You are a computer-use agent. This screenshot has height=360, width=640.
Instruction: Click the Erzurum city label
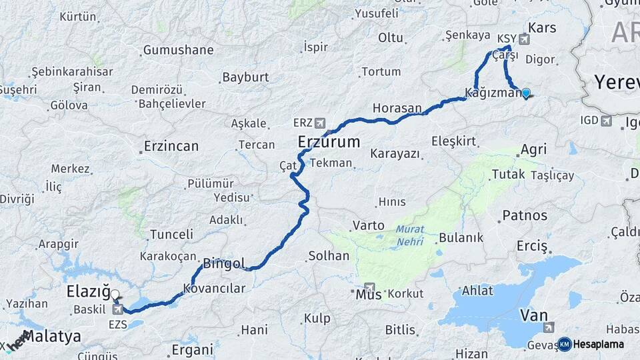click(x=329, y=142)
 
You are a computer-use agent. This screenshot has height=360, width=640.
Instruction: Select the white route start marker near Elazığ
click(x=115, y=294)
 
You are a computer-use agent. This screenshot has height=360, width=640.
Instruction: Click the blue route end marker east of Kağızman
click(x=526, y=93)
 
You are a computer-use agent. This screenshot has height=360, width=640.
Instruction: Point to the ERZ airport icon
click(x=321, y=123)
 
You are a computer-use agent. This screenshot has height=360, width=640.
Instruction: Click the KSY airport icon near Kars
click(x=524, y=39)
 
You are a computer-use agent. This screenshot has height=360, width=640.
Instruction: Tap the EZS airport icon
click(x=118, y=309)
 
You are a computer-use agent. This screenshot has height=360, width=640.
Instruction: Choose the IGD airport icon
click(x=606, y=121)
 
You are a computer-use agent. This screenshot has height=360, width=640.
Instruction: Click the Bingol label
click(x=224, y=263)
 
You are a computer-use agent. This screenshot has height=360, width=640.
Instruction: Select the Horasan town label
click(x=397, y=107)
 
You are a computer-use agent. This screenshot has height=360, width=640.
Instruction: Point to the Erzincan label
click(x=171, y=146)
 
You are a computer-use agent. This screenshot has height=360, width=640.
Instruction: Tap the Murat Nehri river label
click(x=409, y=235)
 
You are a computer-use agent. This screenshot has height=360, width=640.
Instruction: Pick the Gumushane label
click(x=178, y=50)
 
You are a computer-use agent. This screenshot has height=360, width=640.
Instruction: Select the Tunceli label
click(x=171, y=235)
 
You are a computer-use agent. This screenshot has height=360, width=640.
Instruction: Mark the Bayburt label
click(x=245, y=77)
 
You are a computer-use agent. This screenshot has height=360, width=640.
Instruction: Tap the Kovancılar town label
click(x=215, y=289)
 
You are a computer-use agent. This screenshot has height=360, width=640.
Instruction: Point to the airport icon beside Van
click(x=549, y=327)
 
